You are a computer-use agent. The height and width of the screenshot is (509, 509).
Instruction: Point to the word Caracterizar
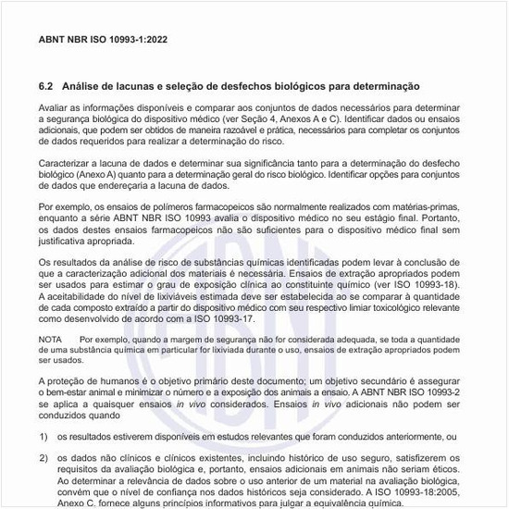[68, 162]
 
